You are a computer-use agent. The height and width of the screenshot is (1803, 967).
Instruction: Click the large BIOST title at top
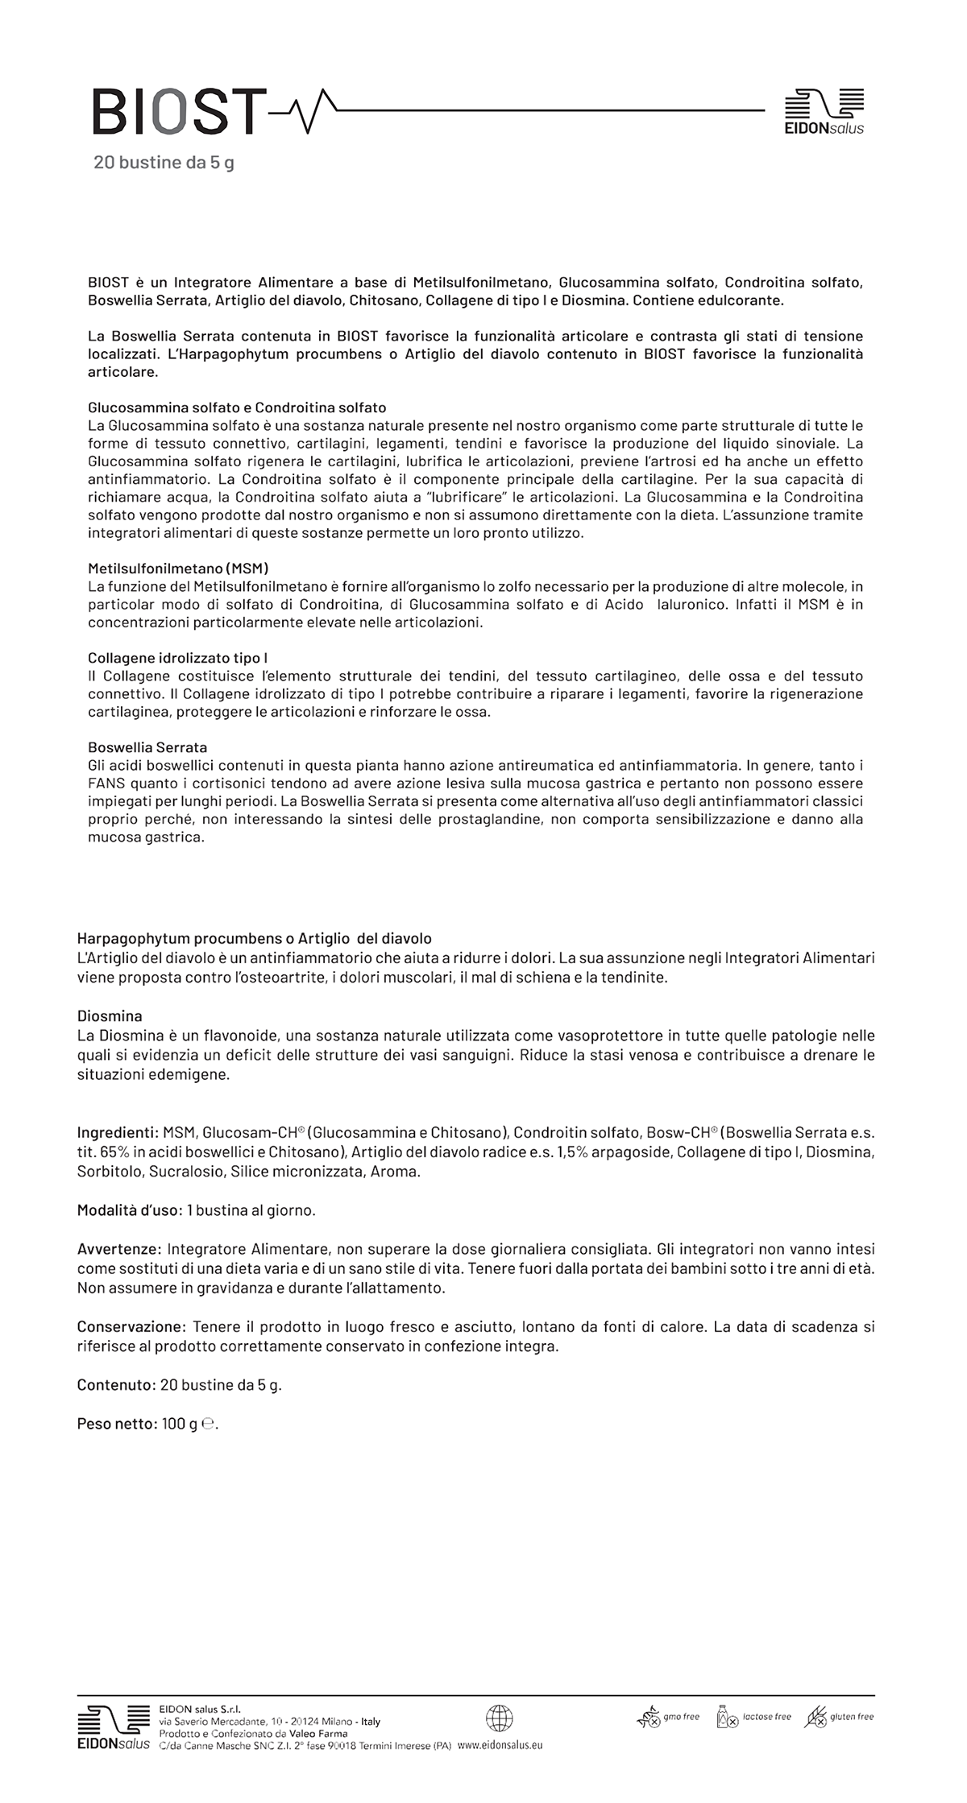click(179, 112)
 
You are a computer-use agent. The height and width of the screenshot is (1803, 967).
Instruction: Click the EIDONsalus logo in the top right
click(824, 111)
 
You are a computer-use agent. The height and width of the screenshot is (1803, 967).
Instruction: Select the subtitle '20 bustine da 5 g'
click(164, 163)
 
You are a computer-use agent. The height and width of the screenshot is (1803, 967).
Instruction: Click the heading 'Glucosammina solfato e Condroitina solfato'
click(237, 407)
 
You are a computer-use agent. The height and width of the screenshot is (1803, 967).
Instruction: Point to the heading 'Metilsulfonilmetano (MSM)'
click(178, 569)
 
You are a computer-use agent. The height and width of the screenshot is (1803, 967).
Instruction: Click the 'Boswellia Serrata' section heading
click(147, 747)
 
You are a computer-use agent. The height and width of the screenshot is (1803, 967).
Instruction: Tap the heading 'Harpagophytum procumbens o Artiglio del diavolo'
click(254, 938)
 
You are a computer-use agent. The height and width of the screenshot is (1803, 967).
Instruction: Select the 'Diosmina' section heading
click(110, 1016)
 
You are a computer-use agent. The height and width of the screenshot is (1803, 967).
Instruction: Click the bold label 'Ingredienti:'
click(118, 1132)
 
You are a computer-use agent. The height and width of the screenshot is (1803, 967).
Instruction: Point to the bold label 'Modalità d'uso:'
click(130, 1210)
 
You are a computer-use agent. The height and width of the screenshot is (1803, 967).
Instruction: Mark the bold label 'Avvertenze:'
click(120, 1249)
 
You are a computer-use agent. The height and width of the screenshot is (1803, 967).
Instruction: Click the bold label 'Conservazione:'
click(132, 1326)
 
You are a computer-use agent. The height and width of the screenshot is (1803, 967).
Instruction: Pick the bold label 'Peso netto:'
click(117, 1424)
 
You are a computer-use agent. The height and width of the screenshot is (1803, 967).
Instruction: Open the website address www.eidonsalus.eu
click(500, 1744)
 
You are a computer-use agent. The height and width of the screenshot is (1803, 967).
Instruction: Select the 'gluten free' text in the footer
click(852, 1717)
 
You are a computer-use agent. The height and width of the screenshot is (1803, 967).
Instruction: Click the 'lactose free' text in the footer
click(767, 1717)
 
